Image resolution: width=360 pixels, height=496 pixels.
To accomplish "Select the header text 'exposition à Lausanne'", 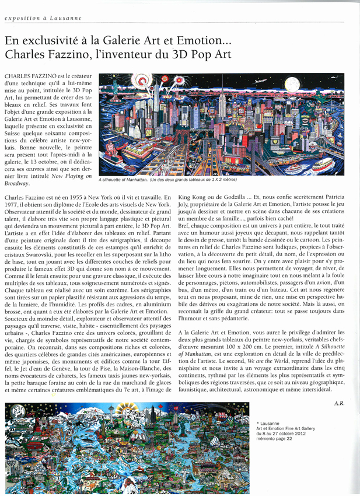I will (43, 18).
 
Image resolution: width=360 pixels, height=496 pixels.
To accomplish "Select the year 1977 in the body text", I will (13, 206).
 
